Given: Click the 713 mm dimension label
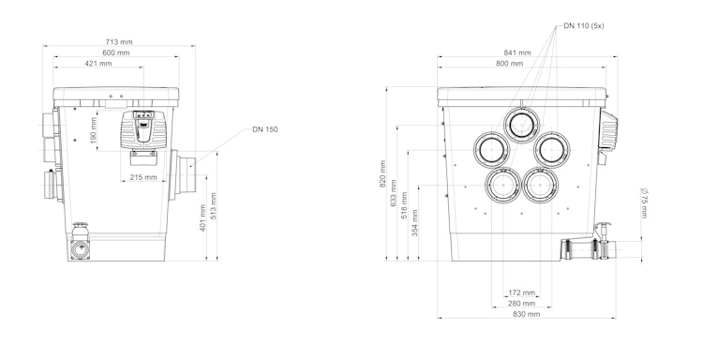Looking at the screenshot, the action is [x=119, y=41].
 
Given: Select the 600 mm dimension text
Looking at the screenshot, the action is [x=115, y=52].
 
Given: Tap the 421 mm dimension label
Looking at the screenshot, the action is [x=98, y=63].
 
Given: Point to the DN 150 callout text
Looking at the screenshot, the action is [x=264, y=129].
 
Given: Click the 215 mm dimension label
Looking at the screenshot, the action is [x=143, y=177].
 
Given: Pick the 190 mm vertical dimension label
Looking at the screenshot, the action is [x=93, y=130].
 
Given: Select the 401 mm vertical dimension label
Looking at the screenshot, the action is [x=202, y=217].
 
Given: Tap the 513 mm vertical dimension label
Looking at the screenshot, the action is [x=214, y=205].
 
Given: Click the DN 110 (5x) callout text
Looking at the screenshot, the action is [x=584, y=26].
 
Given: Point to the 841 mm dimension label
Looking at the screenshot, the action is [x=517, y=52].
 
